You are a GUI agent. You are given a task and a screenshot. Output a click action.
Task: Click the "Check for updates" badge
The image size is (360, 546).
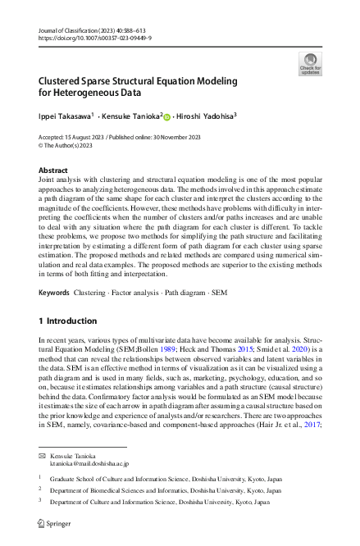(x=312, y=64)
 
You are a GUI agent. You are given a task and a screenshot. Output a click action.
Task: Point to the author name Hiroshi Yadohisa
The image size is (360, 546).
(x=205, y=116)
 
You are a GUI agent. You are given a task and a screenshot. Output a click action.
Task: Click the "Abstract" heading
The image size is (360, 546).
(x=54, y=170)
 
